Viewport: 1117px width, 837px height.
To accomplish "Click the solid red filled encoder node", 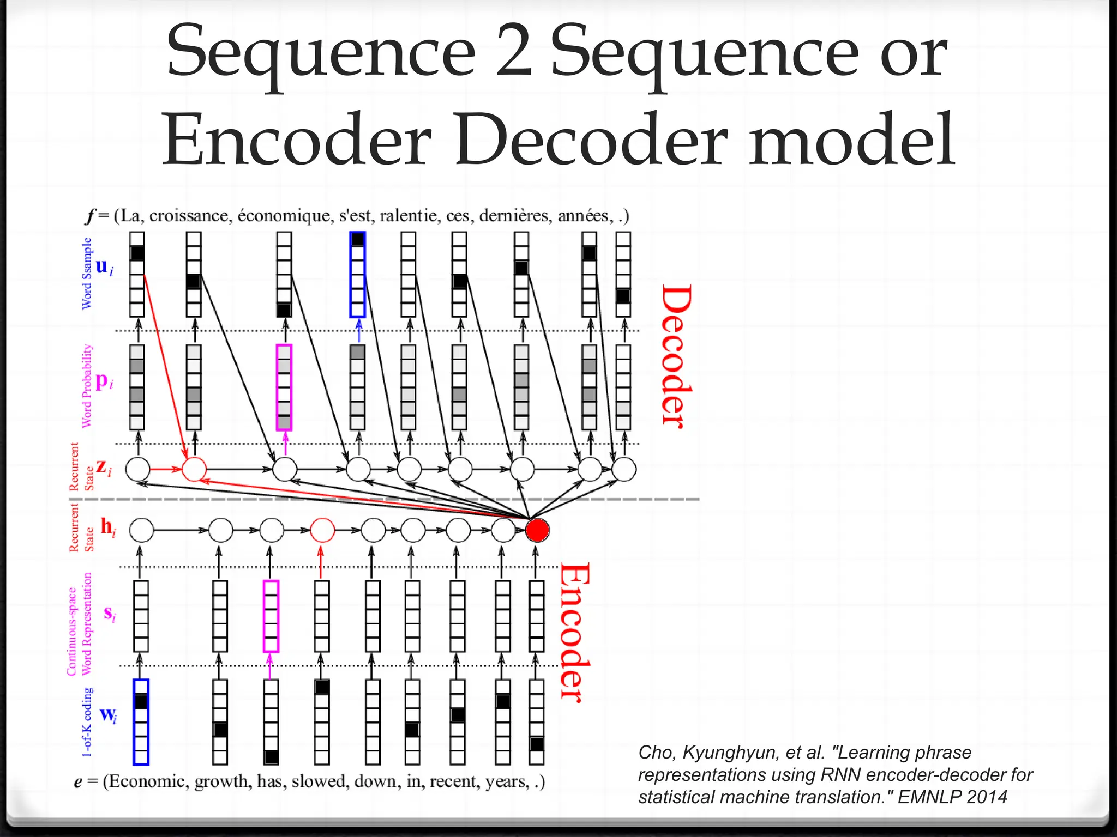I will (537, 530).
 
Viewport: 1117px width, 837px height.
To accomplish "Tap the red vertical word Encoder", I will (575, 632).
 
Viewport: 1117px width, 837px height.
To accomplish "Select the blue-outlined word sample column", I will (358, 274).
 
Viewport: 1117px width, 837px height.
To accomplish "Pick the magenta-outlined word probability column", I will (284, 387).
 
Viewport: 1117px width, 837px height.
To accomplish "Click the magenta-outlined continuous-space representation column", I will (271, 616).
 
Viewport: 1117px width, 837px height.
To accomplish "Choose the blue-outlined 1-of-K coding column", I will (141, 722).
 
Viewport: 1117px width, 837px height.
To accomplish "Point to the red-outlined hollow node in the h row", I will (322, 530).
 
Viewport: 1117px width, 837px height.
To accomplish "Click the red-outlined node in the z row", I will (194, 469).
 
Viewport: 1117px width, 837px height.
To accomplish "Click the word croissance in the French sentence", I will (189, 216).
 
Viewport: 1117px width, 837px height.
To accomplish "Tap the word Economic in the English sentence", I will (145, 781).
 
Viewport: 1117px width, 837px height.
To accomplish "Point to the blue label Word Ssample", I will (87, 273).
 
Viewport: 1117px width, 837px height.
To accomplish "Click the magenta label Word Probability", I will (87, 386).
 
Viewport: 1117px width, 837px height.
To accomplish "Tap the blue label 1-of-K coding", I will (87, 722).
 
